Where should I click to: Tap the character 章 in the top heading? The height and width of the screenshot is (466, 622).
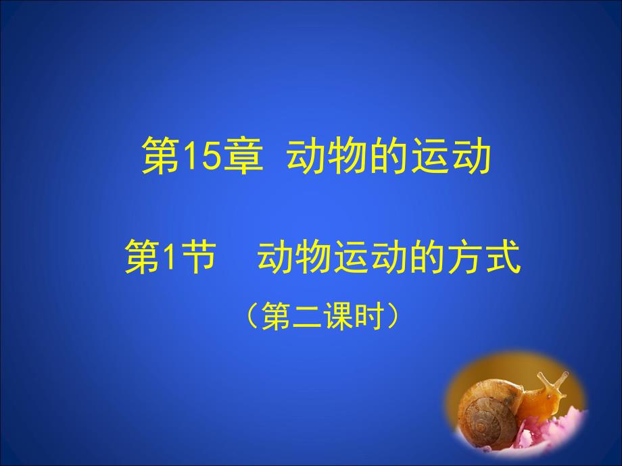(243, 155)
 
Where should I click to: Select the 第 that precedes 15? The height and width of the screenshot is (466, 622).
(162, 155)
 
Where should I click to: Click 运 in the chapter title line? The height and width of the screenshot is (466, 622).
(431, 155)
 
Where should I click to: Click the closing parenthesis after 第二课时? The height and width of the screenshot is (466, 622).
(392, 316)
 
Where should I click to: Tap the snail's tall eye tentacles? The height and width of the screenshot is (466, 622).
(553, 380)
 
